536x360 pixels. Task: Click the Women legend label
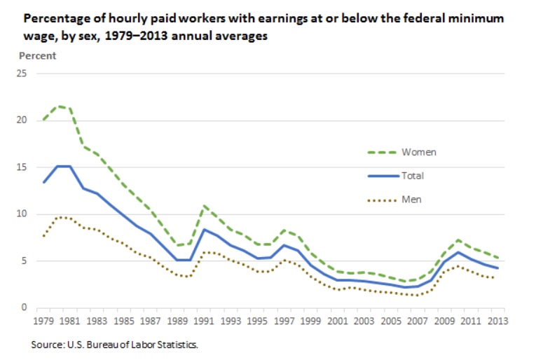[419, 152]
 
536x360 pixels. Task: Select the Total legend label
[413, 176]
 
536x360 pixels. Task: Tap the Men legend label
[411, 200]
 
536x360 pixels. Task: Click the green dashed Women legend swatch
[382, 152]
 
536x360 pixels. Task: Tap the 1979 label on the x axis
[45, 321]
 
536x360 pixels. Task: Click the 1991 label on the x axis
[204, 321]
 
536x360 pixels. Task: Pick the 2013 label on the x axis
[497, 321]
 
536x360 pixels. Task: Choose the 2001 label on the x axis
[337, 321]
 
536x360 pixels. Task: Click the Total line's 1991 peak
[204, 230]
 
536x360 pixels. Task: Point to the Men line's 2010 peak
[458, 266]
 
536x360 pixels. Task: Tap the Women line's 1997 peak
[283, 230]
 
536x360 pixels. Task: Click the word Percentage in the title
[57, 19]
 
